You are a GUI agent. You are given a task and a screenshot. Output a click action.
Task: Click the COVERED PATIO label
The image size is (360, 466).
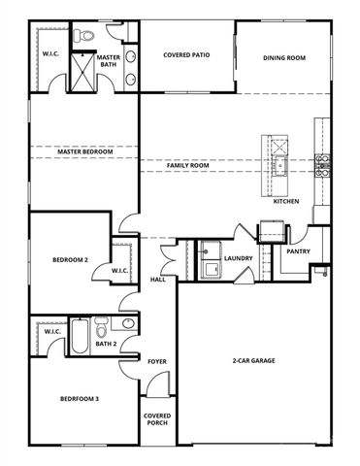click(x=186, y=55)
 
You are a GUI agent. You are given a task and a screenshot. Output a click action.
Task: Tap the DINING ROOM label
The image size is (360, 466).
click(x=283, y=58)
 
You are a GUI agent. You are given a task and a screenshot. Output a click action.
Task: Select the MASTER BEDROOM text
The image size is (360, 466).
click(x=84, y=152)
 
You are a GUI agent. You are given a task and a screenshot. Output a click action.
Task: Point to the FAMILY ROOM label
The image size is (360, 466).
click(x=187, y=166)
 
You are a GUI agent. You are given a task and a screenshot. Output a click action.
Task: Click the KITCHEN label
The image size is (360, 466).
click(x=285, y=201)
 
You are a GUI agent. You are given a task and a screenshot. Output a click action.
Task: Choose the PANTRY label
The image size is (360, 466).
click(x=297, y=251)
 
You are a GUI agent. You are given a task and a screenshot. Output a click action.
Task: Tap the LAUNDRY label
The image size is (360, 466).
click(x=239, y=258)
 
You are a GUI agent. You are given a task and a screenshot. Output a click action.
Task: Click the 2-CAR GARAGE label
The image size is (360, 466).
click(x=252, y=361)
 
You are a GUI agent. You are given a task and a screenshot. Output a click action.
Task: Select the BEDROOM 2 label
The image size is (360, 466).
click(x=70, y=260)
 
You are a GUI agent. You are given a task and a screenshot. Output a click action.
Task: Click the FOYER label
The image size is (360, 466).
click(x=157, y=361)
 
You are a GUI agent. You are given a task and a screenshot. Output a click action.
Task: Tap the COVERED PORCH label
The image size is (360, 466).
click(x=157, y=419)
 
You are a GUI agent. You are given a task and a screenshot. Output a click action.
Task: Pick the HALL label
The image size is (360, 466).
click(x=157, y=280)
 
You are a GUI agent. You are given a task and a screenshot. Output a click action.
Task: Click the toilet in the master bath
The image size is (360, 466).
click(x=86, y=36)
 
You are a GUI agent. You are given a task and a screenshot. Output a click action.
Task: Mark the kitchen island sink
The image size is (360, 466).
click(x=278, y=148)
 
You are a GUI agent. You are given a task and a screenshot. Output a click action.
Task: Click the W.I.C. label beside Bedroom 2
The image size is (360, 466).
click(x=119, y=270)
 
